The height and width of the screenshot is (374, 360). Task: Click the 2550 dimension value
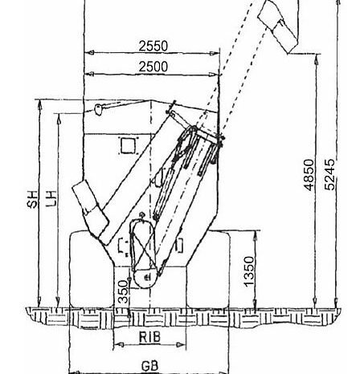pyautogui.click(x=153, y=46)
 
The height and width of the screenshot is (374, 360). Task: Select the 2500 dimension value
pyautogui.click(x=153, y=67)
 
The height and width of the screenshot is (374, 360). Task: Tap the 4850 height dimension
pyautogui.click(x=309, y=175)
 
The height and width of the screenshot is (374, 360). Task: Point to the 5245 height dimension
pyautogui.click(x=329, y=175)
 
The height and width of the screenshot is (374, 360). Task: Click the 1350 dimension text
pyautogui.click(x=249, y=271)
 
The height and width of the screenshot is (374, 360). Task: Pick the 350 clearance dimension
pyautogui.click(x=123, y=291)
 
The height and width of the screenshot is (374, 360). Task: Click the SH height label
pyautogui.click(x=32, y=199)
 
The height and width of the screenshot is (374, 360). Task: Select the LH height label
pyautogui.click(x=51, y=198)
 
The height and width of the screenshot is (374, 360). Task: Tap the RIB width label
pyautogui.click(x=149, y=337)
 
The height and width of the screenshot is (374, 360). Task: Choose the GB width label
pyautogui.click(x=149, y=366)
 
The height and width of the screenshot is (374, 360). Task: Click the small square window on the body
pyautogui.click(x=128, y=146)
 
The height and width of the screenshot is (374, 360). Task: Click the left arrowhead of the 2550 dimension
pyautogui.click(x=91, y=53)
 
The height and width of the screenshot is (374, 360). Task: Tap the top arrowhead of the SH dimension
pyautogui.click(x=40, y=104)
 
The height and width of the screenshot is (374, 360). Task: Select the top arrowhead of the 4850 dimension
pyautogui.click(x=317, y=59)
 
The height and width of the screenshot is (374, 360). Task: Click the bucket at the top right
pyautogui.click(x=278, y=25)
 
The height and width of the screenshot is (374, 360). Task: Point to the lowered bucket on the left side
pyautogui.click(x=90, y=212)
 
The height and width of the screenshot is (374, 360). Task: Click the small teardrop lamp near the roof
pyautogui.click(x=98, y=109)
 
